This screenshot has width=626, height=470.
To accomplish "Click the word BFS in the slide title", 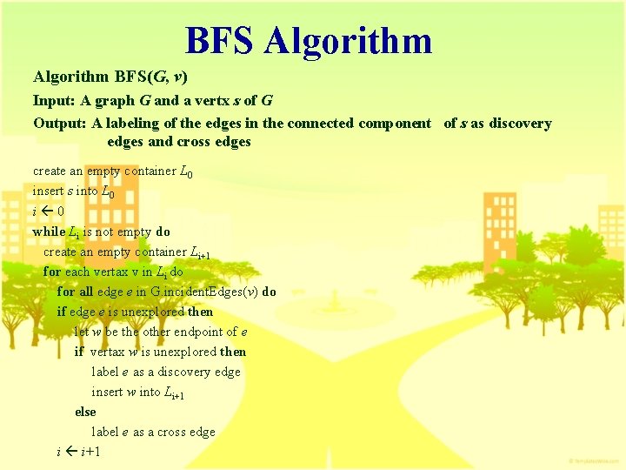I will point(221,41).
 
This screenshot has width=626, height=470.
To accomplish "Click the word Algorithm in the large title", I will point(349,41).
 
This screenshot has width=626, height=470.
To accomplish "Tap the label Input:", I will point(52,100).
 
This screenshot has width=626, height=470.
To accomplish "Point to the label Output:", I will point(58,123).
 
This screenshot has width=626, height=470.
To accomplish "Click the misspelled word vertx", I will point(199,100).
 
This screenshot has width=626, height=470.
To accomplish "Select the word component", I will point(393,123).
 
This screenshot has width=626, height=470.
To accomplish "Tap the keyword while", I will point(49,232).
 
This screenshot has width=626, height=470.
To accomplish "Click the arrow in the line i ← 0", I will point(48,211).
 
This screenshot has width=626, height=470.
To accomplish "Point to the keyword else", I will point(85,412).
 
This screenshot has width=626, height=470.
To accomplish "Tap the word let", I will point(82,332).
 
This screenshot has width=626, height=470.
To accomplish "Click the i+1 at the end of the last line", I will point(90,452).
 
